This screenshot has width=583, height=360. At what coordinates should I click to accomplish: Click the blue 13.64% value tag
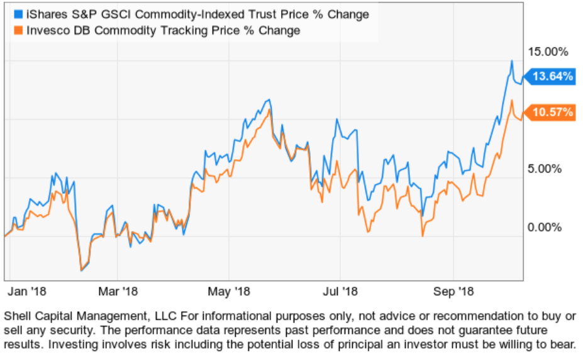pyautogui.click(x=552, y=77)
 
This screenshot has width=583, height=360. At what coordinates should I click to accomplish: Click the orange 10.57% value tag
pyautogui.click(x=552, y=113)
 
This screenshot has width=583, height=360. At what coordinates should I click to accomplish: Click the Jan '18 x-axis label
pyautogui.click(x=28, y=291)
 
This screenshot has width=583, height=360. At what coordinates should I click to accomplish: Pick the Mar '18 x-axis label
pyautogui.click(x=119, y=291)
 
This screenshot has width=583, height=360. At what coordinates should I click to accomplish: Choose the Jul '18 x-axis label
pyautogui.click(x=340, y=291)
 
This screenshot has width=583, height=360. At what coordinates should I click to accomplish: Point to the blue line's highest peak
pyautogui.click(x=512, y=61)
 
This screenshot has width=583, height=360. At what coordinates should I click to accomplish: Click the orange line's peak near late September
pyautogui.click(x=513, y=100)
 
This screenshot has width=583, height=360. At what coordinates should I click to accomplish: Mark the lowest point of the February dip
pyautogui.click(x=81, y=270)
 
